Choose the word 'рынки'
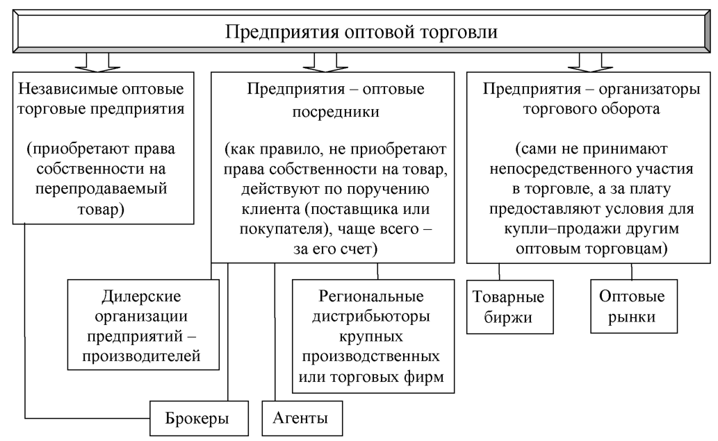[x=630, y=317]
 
